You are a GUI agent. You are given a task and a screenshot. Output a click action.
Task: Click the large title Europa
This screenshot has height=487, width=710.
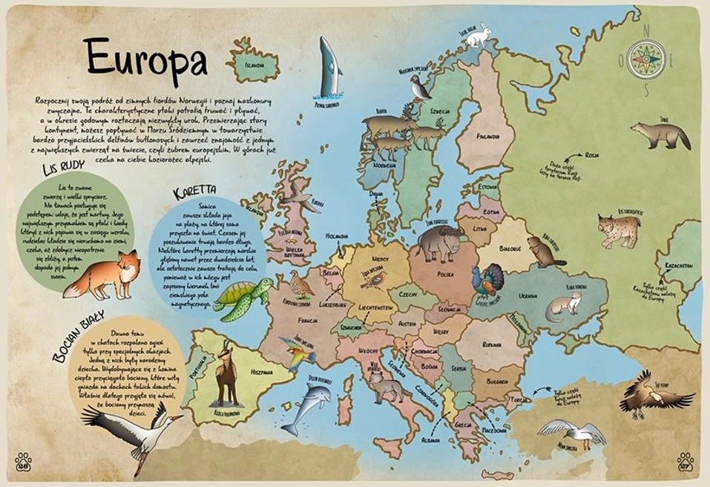[145, 59]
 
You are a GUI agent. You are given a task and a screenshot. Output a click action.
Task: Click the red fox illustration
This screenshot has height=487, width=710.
[104, 275]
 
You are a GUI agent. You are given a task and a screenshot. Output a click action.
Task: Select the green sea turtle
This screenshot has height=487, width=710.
[243, 298]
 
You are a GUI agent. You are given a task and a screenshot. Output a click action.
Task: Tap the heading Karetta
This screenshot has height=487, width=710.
[194, 192]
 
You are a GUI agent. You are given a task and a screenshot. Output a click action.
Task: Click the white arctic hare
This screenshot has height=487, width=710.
[478, 35]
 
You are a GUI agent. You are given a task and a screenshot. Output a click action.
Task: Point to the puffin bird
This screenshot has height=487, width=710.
[421, 87]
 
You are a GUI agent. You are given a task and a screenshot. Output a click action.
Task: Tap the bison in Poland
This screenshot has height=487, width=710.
[439, 242]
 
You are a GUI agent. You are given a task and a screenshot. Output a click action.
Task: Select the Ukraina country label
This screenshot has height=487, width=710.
[527, 295]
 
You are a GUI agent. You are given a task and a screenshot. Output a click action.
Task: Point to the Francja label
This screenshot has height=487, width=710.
[307, 320]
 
